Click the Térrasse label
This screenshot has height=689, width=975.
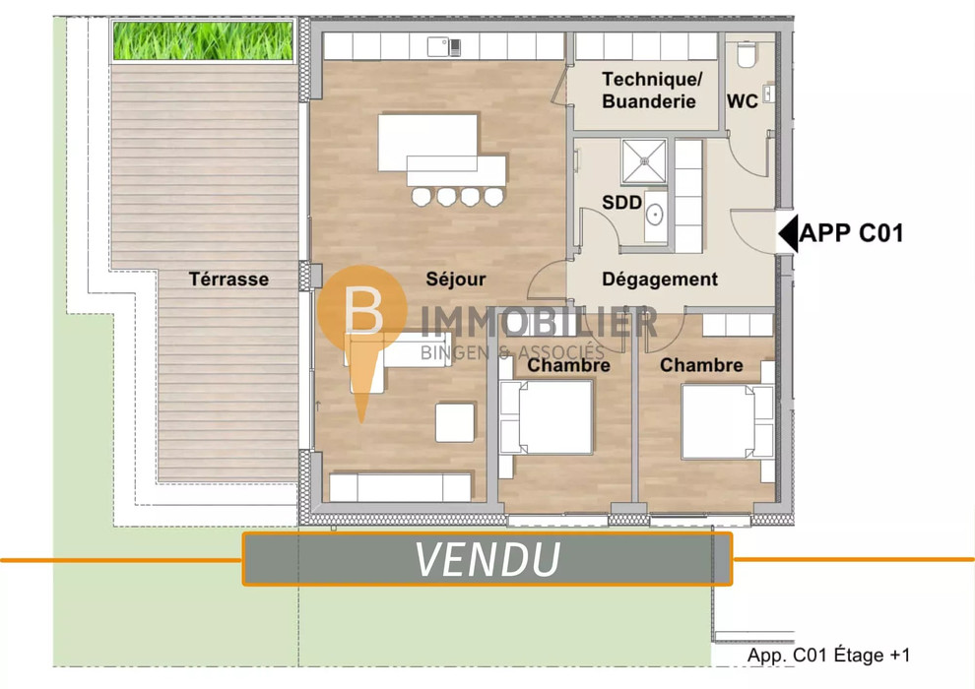tap(228, 279)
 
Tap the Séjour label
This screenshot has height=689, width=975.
tap(455, 279)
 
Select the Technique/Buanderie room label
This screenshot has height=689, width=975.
tap(651, 91)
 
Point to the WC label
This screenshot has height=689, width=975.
tap(742, 100)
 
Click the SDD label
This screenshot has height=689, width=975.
tap(621, 202)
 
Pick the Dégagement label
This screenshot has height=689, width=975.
tap(659, 279)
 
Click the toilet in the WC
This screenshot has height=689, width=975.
tap(747, 54)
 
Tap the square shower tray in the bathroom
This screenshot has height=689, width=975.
tap(644, 161)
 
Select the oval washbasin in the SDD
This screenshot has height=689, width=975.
tap(655, 215)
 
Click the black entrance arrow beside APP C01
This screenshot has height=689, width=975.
tap(789, 233)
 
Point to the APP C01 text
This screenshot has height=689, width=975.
tap(851, 233)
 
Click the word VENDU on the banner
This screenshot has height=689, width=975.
tap(487, 559)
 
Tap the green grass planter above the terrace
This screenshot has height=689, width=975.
tap(203, 41)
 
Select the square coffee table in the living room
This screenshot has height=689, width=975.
tap(455, 422)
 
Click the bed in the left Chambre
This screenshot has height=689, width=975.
tap(547, 417)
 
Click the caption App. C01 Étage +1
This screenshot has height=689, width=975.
tap(828, 655)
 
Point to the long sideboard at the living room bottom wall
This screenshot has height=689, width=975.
tap(400, 487)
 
